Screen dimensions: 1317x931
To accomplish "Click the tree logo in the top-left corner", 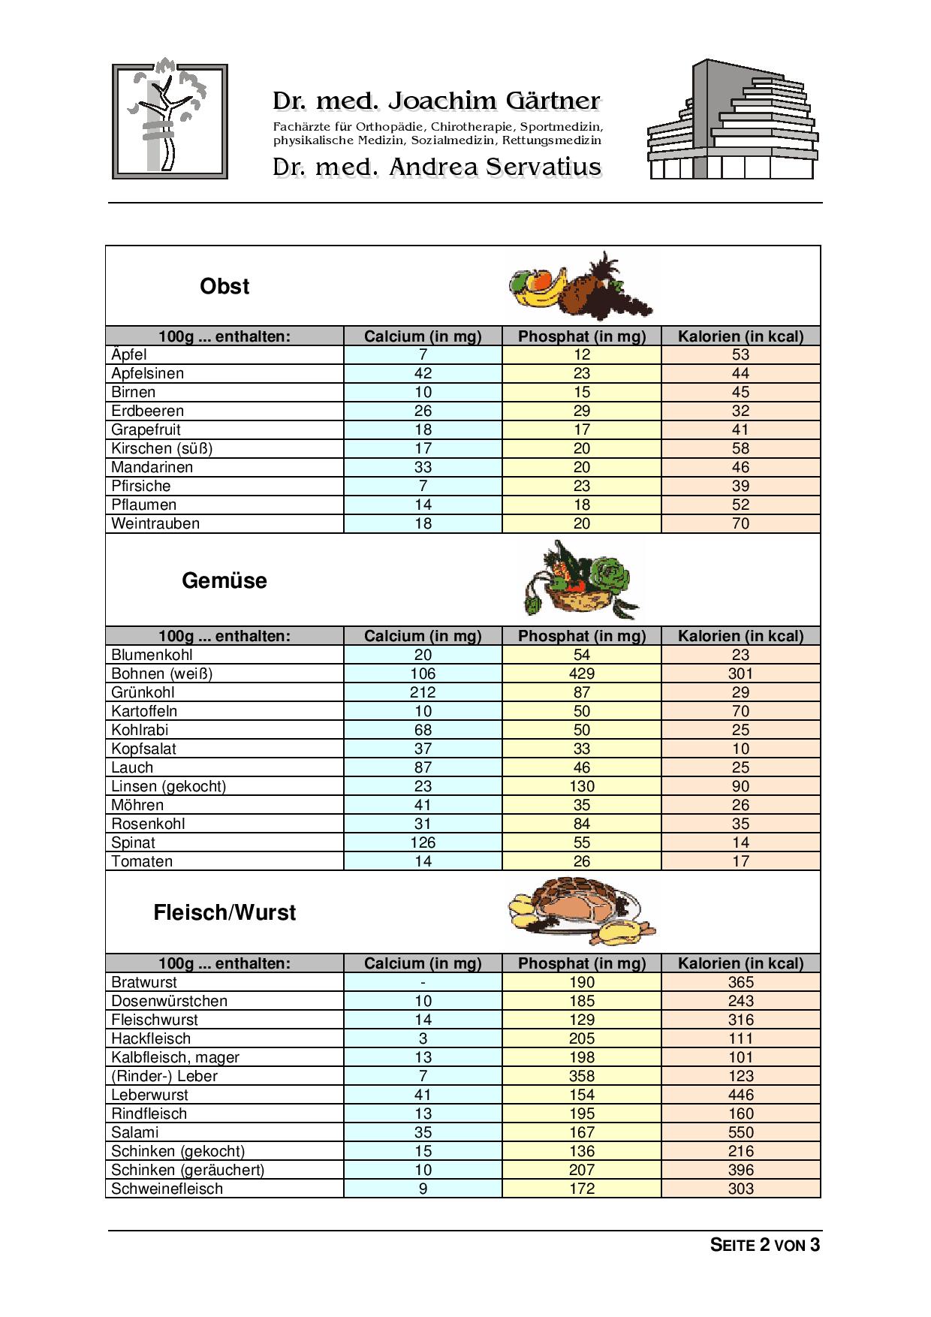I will click(170, 121).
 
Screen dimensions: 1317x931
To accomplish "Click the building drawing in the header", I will click(732, 120).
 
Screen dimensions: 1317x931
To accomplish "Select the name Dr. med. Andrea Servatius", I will click(437, 167).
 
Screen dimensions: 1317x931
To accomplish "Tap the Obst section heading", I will click(224, 286).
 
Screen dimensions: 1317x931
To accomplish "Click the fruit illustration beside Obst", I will click(580, 286).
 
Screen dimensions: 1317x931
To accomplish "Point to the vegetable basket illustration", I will click(582, 580).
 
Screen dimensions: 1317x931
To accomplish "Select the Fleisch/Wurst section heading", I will click(224, 912).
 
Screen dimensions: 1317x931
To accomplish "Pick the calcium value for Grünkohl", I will click(423, 692).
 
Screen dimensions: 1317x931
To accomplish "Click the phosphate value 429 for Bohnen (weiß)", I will click(582, 674).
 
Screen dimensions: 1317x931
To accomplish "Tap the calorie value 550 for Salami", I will click(740, 1132).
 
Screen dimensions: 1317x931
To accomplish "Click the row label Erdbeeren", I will click(148, 411).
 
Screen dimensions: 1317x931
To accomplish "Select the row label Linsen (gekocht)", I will click(169, 786).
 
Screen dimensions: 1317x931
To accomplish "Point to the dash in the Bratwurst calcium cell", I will click(423, 982).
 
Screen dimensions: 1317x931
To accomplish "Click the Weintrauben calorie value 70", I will click(740, 523).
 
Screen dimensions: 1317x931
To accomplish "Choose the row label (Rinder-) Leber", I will click(164, 1076).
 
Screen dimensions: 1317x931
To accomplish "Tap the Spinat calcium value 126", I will click(423, 842).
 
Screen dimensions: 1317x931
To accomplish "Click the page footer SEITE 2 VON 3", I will click(765, 1245).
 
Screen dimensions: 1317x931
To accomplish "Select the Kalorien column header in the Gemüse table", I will click(740, 636).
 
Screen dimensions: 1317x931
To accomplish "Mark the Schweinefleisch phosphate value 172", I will click(582, 1189).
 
